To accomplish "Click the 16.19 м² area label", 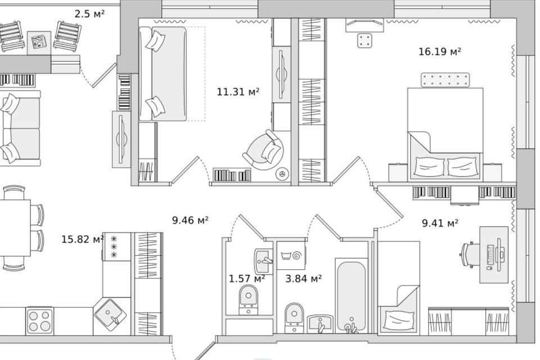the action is click(440, 52).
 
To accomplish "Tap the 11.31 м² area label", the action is click(238, 92).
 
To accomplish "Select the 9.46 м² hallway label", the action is click(190, 220).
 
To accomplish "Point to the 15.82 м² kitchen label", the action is click(83, 239).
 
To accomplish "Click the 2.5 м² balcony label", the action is click(89, 14).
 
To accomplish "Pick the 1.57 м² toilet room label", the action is click(247, 278).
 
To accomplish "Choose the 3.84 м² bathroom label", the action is click(303, 278).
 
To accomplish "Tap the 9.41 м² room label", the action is click(440, 223).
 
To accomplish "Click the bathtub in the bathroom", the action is click(351, 297).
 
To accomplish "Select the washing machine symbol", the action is click(291, 255).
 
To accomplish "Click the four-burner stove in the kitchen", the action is click(39, 321).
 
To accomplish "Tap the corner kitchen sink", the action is click(111, 315).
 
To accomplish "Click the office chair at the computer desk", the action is click(469, 255).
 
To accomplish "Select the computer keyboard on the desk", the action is click(490, 255).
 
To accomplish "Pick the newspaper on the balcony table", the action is click(39, 42).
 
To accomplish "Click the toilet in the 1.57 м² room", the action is click(248, 299).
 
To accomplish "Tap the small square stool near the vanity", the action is click(366, 40).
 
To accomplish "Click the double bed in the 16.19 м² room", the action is click(445, 134).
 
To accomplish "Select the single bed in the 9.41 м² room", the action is click(399, 288).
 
